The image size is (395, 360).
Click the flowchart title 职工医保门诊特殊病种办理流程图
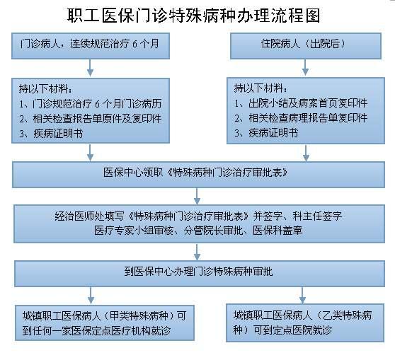coord(193,16)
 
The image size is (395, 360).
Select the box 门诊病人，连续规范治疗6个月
coord(91,46)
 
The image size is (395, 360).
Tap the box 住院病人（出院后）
coord(306,46)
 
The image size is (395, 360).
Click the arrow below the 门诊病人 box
coord(90,68)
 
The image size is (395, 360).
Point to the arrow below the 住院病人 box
coord(305,67)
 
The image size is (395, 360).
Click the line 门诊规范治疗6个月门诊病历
coord(91,104)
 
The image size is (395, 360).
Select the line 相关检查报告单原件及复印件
coord(91,119)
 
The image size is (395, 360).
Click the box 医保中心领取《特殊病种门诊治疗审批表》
coord(198,175)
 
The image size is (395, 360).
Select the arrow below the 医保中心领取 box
coord(197,196)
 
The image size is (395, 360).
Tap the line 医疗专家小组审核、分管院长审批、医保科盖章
coord(198,231)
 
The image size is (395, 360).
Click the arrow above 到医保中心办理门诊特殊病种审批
coord(197,252)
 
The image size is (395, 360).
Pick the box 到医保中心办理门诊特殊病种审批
coord(200,274)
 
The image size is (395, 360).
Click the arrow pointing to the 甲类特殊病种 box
coord(91,296)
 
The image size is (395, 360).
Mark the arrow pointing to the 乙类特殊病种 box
coord(302,295)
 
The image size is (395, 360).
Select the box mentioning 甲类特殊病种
coord(105,323)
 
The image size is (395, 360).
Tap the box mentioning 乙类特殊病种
coord(305,323)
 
